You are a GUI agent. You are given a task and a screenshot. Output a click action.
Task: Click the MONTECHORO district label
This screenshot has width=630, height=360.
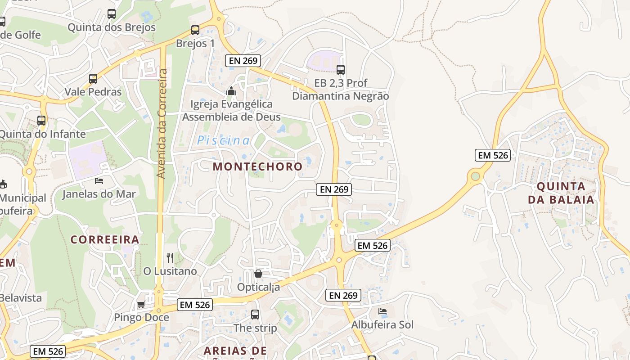pos(257,166)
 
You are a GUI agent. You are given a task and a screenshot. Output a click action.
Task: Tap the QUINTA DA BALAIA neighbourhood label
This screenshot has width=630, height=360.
pos(561,193)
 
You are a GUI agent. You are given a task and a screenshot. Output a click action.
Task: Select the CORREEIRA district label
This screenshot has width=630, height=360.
pos(104,239)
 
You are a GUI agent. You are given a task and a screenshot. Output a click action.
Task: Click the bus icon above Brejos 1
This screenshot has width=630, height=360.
pos(195,30)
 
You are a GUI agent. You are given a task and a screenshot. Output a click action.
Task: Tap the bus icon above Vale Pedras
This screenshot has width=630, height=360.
pos(93,79)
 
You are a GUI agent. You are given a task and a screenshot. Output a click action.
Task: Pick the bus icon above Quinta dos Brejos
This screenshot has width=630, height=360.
pos(112,14)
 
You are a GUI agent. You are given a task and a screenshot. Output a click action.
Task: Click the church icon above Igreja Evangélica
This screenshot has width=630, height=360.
pos(231,91)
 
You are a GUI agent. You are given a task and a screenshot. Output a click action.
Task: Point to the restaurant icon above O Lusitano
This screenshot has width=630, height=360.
pos(170,258)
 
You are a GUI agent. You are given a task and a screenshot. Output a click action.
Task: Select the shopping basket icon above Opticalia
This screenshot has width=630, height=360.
pos(258,274)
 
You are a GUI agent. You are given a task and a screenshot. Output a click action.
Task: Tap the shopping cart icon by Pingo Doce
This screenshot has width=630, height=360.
pos(141,305)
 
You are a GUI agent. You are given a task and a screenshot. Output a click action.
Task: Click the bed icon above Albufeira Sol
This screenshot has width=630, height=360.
pos(382,311)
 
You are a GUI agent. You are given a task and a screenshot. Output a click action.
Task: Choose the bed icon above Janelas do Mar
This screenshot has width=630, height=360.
pos(99,181)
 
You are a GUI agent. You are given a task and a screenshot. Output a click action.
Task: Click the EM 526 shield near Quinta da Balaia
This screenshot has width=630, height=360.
pos(493,155)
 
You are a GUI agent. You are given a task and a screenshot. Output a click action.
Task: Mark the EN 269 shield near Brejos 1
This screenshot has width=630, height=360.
pos(243,60)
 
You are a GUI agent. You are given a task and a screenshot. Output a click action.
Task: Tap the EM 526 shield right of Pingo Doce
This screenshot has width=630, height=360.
pos(194,305)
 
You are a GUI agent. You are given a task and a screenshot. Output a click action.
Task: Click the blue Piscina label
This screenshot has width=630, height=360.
pos(223,140)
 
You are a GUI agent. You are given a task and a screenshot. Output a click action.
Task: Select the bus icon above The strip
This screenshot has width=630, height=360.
pos(255,315)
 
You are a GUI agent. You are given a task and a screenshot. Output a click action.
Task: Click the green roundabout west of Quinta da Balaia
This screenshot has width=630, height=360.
pos(475,176)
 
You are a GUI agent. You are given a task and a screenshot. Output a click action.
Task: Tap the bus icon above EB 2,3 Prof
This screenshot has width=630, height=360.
pos(341,70)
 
